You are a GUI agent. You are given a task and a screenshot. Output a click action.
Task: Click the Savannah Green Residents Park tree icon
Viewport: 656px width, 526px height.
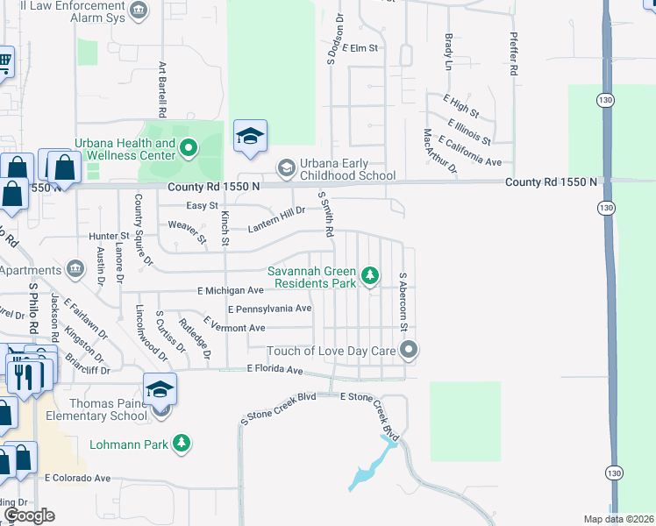[371, 277]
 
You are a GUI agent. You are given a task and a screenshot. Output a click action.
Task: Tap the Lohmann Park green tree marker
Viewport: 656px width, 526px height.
[182, 444]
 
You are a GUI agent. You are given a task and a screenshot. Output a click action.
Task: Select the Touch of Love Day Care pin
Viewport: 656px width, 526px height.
[409, 351]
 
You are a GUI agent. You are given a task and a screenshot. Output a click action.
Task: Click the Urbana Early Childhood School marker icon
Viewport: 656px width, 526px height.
[286, 167]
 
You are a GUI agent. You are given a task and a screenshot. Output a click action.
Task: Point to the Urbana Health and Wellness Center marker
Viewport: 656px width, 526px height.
[189, 149]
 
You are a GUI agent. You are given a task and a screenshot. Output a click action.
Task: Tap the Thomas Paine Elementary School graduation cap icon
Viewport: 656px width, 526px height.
[160, 387]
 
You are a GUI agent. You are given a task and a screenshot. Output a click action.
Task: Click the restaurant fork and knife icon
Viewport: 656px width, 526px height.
[23, 375]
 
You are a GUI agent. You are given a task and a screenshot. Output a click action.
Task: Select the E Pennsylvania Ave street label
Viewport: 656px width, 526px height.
[269, 309]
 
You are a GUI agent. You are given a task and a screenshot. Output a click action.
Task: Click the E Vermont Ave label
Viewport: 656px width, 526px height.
[234, 328]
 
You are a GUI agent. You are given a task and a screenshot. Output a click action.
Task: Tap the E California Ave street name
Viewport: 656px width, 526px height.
[470, 151]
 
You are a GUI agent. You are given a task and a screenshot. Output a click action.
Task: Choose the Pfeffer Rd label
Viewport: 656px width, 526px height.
[514, 54]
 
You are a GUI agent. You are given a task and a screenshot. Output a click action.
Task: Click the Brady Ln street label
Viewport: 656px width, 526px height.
[448, 52]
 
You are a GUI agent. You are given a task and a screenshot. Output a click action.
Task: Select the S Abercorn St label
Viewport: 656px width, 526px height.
[403, 302]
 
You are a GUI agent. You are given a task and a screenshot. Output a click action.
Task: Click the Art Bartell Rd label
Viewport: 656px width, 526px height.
[162, 89]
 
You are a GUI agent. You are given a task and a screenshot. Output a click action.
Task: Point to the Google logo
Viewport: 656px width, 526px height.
[28, 515]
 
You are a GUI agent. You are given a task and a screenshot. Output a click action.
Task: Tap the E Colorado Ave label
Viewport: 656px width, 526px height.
[78, 479]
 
